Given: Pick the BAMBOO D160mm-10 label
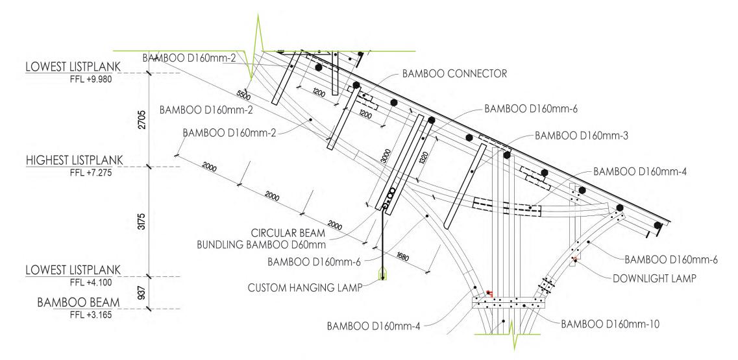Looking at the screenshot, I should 610,322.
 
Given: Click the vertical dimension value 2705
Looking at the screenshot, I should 144,120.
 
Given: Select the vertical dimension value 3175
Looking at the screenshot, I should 144,221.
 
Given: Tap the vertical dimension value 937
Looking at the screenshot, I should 144,293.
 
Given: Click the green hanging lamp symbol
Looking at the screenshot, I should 383,274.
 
